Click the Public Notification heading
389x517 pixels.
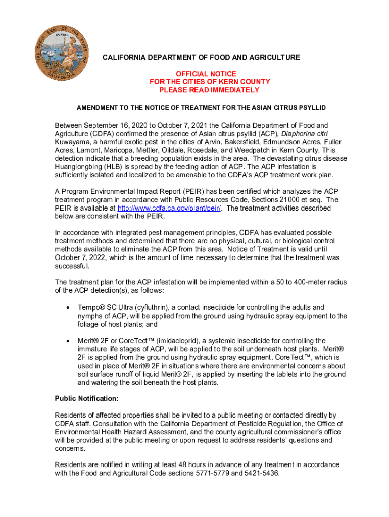click(86, 399)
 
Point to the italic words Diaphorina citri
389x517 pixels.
click(305, 134)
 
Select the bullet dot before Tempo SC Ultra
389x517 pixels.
click(67, 307)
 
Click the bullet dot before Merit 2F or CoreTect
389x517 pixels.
click(67, 341)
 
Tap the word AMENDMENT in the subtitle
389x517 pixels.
click(97, 108)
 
